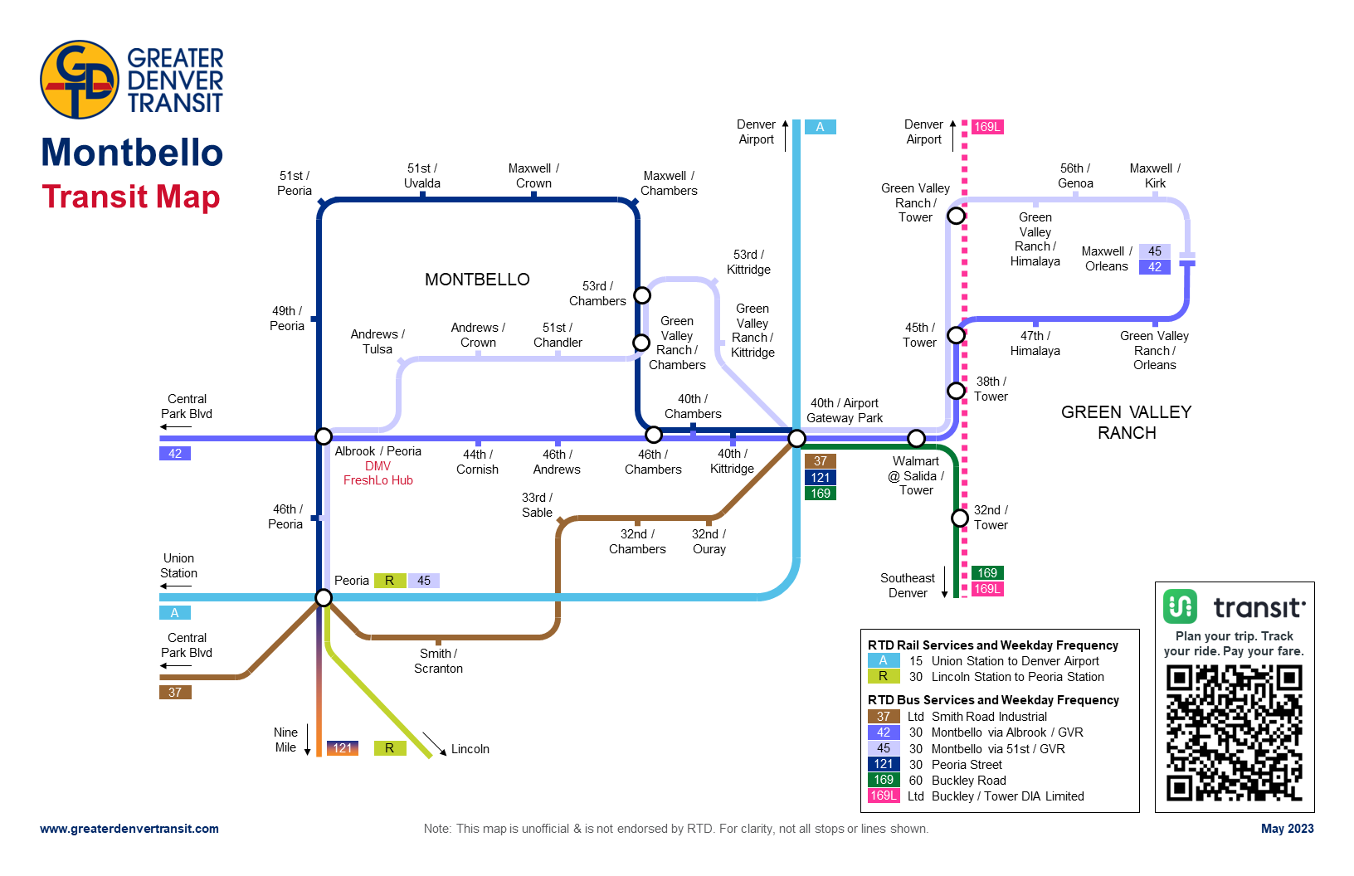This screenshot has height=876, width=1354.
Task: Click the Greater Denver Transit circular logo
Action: coord(80,80)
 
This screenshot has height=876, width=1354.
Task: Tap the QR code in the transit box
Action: coord(1234,732)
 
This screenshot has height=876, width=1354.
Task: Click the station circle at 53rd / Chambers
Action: coord(642,295)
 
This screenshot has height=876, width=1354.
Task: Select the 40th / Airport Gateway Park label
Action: coord(844,411)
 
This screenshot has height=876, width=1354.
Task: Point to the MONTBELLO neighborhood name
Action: coord(477,280)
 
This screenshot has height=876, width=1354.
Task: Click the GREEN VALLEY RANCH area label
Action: coord(1126,422)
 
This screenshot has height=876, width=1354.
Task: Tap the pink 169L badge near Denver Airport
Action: coord(987,127)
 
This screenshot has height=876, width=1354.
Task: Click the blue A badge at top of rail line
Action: coord(820,127)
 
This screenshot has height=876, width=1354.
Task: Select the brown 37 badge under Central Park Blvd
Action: coord(175,692)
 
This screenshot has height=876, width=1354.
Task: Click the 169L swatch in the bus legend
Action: coord(884,796)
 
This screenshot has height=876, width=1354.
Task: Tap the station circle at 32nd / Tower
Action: coord(960,518)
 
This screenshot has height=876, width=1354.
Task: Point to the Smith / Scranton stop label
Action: coord(438,661)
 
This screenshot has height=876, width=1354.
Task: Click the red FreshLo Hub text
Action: coord(377,480)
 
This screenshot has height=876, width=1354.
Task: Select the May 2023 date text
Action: coord(1287,829)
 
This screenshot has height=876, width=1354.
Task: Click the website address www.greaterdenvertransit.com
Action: coord(129,829)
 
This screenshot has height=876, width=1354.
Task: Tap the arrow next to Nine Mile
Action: coord(308,740)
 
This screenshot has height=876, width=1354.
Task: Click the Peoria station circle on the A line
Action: coord(324,597)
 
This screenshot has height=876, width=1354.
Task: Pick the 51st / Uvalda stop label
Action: coord(421,176)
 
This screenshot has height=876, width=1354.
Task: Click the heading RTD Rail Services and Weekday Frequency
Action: coord(992,645)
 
